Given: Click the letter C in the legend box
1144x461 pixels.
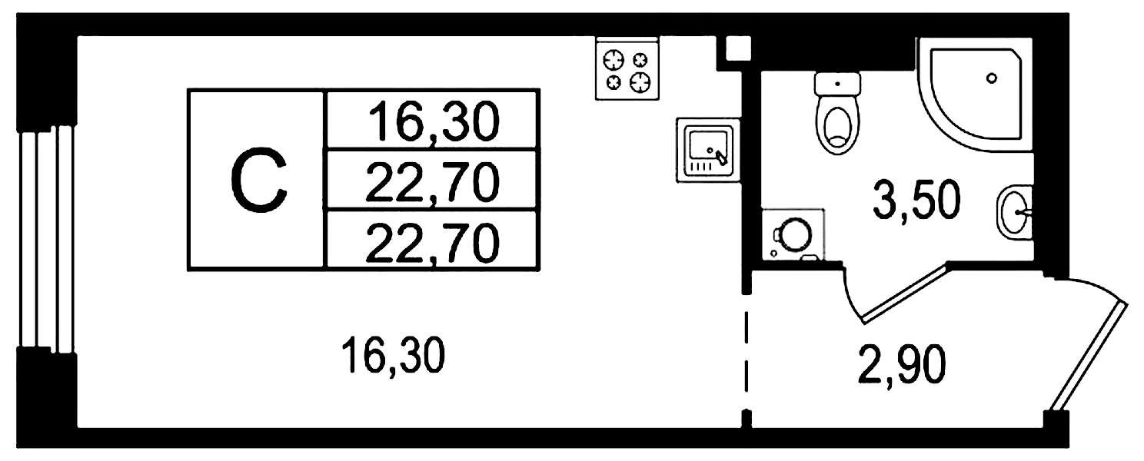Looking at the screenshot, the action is [259, 180].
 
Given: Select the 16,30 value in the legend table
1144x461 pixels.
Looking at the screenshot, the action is [433, 121].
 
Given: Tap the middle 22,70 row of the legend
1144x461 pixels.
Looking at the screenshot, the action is [432, 181].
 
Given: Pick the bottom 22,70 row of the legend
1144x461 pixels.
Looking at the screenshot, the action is [432, 243].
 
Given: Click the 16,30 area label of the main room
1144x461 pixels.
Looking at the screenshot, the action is [394, 355].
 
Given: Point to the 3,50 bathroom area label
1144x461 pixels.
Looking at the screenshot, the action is [916, 200].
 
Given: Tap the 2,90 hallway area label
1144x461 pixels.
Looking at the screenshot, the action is [902, 364].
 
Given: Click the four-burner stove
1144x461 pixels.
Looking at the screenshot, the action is [627, 68].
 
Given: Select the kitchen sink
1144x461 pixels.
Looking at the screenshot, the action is [708, 150].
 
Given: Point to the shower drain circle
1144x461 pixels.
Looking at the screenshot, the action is [992, 78].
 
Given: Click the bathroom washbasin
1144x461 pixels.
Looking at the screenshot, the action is [1014, 212].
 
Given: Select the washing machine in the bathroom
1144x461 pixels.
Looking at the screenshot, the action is [793, 235].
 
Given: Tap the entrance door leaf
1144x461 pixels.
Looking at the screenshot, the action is [1091, 357].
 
